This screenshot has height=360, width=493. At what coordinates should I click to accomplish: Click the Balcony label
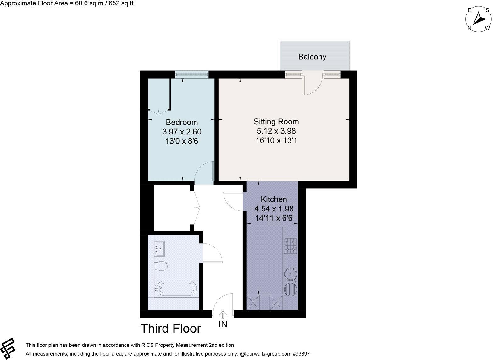(x=312, y=57)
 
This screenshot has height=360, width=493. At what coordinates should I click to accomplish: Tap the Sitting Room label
(x=276, y=122)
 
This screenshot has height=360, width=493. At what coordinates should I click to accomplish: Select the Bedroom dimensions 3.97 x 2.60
(x=182, y=132)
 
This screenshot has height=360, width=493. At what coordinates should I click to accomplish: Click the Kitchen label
(x=274, y=199)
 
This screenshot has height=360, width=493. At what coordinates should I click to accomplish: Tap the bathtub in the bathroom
(x=176, y=287)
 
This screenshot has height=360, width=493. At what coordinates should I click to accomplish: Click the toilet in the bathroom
(x=161, y=266)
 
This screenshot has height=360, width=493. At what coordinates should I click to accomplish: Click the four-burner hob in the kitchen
(x=290, y=246)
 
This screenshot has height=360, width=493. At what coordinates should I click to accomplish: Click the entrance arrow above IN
(x=223, y=314)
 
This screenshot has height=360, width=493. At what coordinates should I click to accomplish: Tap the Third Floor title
(x=170, y=329)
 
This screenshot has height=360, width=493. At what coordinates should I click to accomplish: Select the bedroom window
(x=191, y=74)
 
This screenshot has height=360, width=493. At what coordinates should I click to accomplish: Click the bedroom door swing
(x=204, y=173)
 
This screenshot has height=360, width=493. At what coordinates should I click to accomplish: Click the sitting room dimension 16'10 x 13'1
(x=276, y=140)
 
